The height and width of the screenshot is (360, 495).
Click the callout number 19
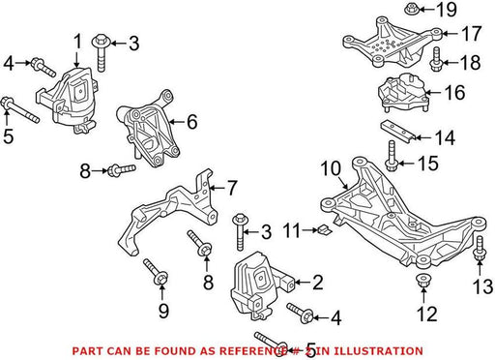tap(447, 10)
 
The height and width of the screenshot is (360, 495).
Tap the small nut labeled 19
tap(410, 9)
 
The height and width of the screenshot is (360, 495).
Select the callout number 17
tap(471, 34)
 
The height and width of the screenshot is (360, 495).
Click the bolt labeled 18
tap(436, 59)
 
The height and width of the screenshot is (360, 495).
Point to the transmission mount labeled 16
tap(403, 93)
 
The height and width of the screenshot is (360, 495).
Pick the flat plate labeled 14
tap(397, 132)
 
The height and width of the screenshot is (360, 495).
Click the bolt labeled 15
tap(392, 157)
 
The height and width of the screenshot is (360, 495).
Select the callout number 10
tap(331, 168)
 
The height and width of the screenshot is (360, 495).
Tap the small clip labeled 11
tap(324, 230)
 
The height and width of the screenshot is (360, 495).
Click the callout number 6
tap(192, 122)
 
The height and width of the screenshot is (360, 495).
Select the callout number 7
tap(232, 188)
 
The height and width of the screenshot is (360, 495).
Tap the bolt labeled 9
tap(156, 272)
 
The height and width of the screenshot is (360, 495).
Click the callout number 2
tap(317, 283)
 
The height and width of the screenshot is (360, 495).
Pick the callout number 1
tap(77, 42)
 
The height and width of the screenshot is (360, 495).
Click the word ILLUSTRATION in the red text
tap(376, 350)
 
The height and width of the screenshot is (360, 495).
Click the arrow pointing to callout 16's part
tap(434, 93)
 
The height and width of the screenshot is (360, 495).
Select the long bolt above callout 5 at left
tap(20, 109)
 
